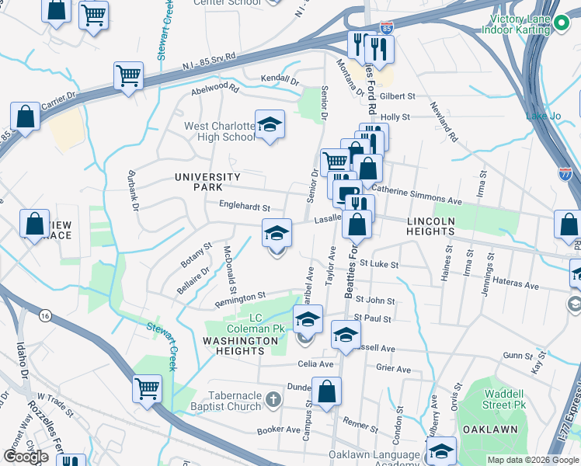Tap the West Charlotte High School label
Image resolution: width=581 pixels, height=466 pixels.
pyautogui.click(x=220, y=131)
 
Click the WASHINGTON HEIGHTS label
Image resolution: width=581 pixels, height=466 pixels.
pyautogui.click(x=240, y=346)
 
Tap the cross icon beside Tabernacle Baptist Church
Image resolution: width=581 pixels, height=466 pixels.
pyautogui.click(x=272, y=400)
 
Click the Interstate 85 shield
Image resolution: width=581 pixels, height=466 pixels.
pyautogui.click(x=387, y=28)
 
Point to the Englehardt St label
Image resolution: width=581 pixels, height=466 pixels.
pyautogui.click(x=245, y=208)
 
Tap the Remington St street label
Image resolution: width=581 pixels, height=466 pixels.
pyautogui.click(x=241, y=297)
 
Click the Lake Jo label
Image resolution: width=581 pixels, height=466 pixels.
pyautogui.click(x=543, y=116)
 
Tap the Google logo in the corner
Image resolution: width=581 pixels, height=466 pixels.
pyautogui.click(x=26, y=456)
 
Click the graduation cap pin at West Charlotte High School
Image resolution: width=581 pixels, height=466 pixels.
pyautogui.click(x=270, y=125)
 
